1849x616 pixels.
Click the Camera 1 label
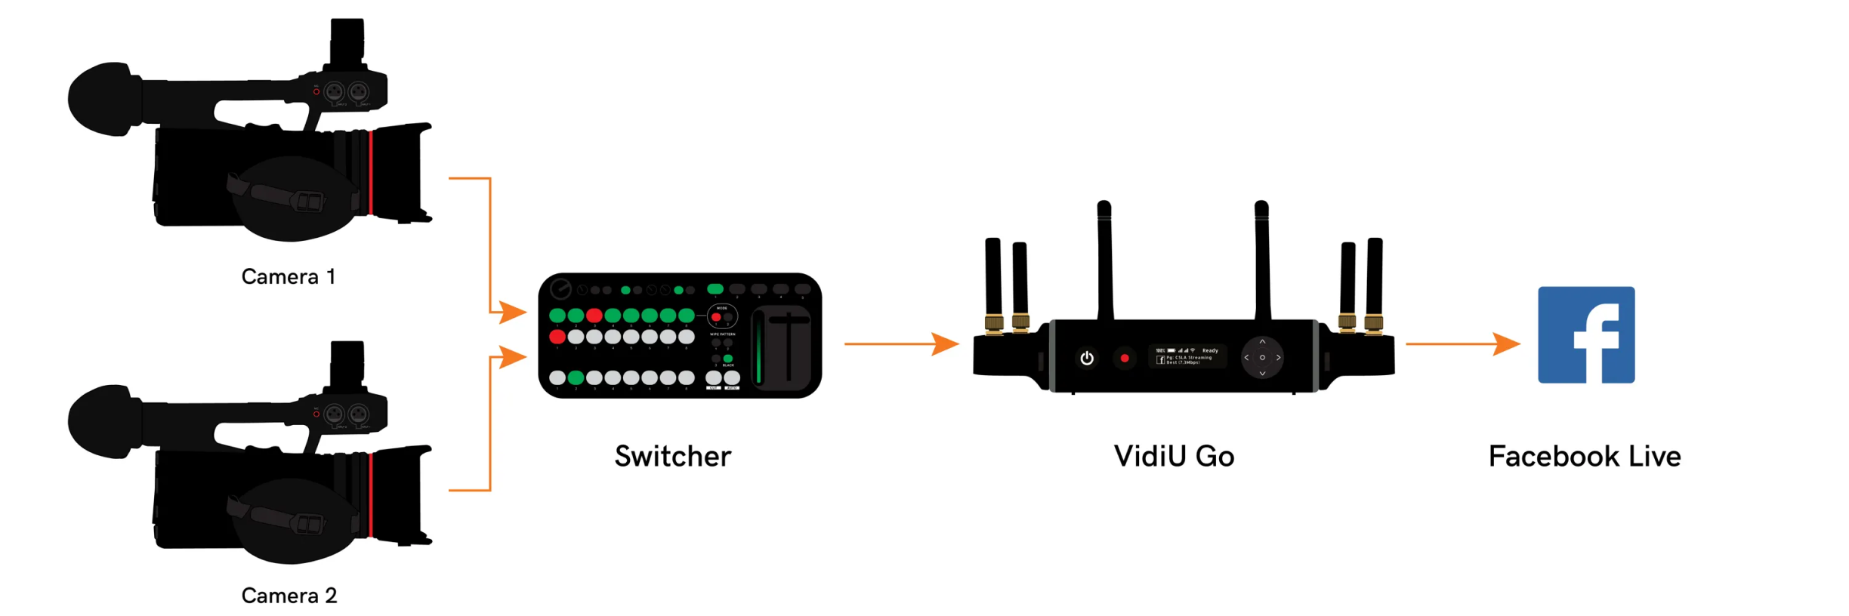pos(288,277)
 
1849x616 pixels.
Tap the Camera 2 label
pos(289,596)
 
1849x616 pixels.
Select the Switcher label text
pos(672,456)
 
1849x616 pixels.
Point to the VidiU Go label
pos(1174,456)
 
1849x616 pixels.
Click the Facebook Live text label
pos(1584,456)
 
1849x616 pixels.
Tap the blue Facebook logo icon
pos(1585,334)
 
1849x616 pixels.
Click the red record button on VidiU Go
pos(1124,358)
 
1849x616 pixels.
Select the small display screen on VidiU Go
pos(1187,356)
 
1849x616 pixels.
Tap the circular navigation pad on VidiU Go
pos(1261,357)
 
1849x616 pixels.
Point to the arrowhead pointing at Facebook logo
pos(1506,343)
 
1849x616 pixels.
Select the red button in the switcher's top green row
pos(594,315)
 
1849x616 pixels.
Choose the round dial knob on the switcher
pos(560,288)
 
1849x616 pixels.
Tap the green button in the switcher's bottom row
pos(576,377)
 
